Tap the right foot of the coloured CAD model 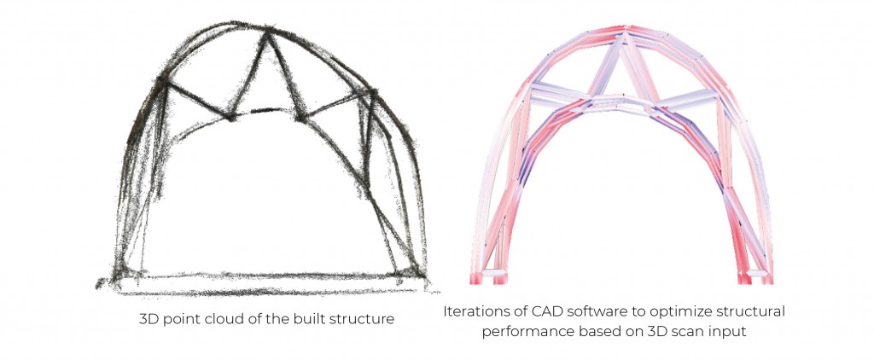(x=755, y=274)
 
